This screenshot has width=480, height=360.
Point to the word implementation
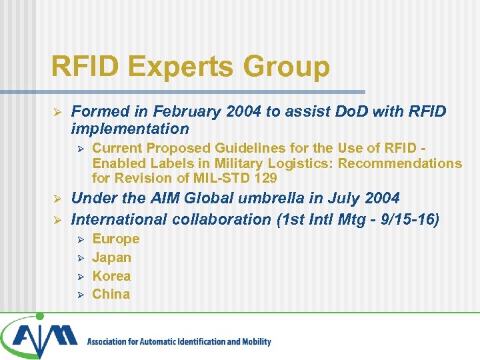(130, 128)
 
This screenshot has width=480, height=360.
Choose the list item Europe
(115, 239)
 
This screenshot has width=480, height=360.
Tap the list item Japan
(111, 257)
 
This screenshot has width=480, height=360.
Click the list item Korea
(111, 276)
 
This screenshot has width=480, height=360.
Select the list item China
(111, 294)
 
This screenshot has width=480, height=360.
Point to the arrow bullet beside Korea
(79, 276)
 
